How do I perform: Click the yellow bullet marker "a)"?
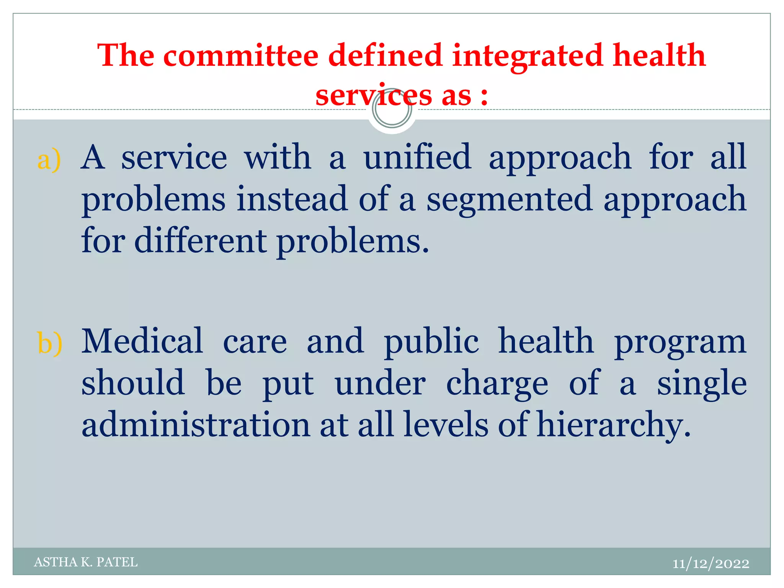pyautogui.click(x=49, y=159)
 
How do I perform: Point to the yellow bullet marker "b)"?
pyautogui.click(x=50, y=343)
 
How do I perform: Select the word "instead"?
pyautogui.click(x=292, y=199)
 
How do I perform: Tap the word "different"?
pyautogui.click(x=200, y=241)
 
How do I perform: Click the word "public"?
pyautogui.click(x=431, y=342)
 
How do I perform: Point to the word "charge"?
pyautogui.click(x=497, y=384)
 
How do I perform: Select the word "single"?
pyautogui.click(x=702, y=384)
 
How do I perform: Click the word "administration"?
pyautogui.click(x=196, y=425)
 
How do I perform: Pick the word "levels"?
pyautogui.click(x=446, y=425)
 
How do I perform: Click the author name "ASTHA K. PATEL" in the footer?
pyautogui.click(x=86, y=562)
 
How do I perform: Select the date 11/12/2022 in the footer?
pyautogui.click(x=710, y=563)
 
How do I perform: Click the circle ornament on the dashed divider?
pyautogui.click(x=392, y=109)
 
